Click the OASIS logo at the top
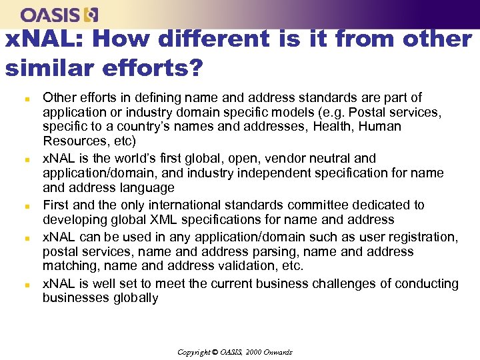pyautogui.click(x=59, y=14)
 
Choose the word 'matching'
pyautogui.click(x=69, y=266)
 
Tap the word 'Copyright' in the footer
pyautogui.click(x=193, y=352)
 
